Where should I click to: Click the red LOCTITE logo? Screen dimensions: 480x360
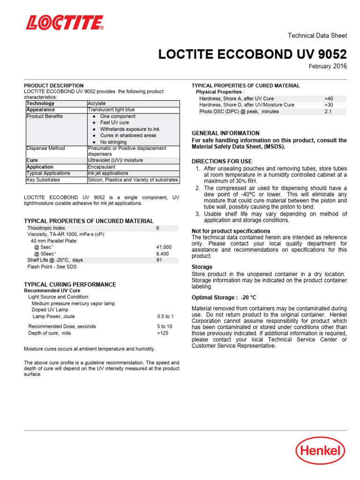point(65,22)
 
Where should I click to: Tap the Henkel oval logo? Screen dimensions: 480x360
point(320,451)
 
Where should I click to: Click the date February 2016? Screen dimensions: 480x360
point(328,67)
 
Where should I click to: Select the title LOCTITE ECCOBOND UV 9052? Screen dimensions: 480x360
point(253,54)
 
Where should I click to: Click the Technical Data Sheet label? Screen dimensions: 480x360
point(317,36)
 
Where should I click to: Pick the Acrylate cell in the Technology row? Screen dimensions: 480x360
point(97,103)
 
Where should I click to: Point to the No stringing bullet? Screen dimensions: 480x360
point(113,142)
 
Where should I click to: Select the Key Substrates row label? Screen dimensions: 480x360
point(43,180)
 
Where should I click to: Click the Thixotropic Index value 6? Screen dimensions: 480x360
point(158,228)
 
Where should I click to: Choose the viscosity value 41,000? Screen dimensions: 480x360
point(164,247)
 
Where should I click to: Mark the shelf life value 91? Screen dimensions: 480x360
point(159,260)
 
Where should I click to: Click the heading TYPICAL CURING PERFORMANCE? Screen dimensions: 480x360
point(70,285)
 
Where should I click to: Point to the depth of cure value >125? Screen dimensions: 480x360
point(163,333)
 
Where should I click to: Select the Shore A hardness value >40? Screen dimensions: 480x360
point(329,99)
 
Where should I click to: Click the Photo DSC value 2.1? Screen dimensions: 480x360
point(328,112)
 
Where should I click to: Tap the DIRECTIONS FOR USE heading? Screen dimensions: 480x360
point(222,161)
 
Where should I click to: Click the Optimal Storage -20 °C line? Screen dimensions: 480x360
point(224,298)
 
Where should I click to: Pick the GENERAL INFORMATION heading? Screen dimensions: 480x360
point(225,133)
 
